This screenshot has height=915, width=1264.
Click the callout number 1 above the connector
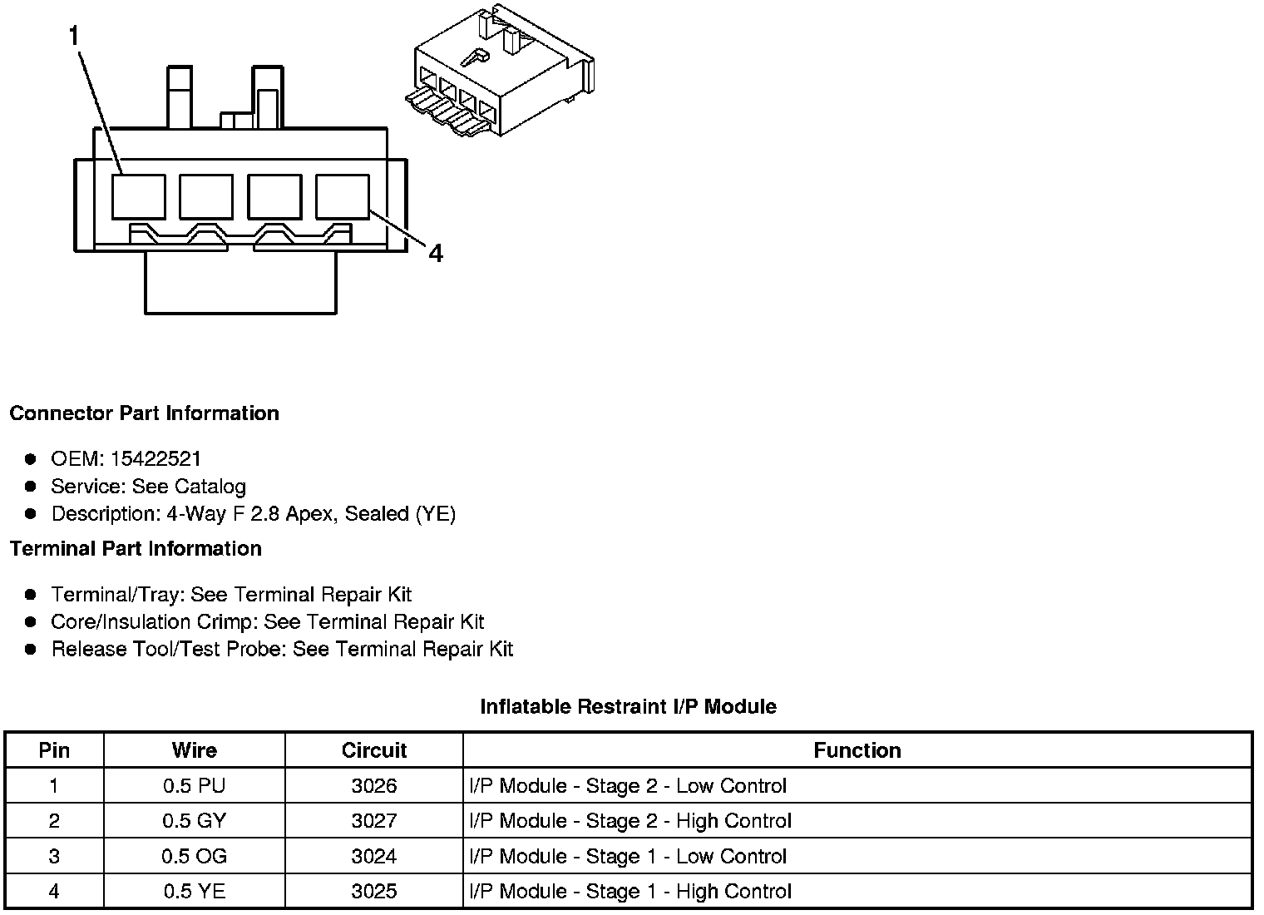tap(75, 36)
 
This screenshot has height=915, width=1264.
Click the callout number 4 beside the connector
tap(436, 252)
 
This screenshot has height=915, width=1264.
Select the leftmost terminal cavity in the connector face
tap(138, 196)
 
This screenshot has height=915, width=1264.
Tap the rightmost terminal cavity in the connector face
tap(343, 196)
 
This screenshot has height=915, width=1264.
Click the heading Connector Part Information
tap(144, 413)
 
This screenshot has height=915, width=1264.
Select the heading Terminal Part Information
tap(136, 549)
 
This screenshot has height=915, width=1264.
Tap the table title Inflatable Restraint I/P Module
tap(628, 707)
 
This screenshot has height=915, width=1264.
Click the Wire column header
tap(194, 750)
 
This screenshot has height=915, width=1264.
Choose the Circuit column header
tap(374, 750)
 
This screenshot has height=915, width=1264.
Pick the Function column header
tap(857, 750)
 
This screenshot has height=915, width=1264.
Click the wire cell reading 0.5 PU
tap(194, 786)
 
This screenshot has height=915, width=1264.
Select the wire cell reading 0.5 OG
tap(194, 857)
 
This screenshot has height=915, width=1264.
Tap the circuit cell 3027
tap(374, 821)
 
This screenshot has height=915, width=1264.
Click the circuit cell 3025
tap(374, 892)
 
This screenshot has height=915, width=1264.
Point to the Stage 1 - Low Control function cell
tap(628, 857)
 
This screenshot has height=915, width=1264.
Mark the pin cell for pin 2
tap(54, 821)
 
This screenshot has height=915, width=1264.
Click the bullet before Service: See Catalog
tap(31, 487)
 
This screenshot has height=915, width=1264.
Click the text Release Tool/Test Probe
tap(170, 650)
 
